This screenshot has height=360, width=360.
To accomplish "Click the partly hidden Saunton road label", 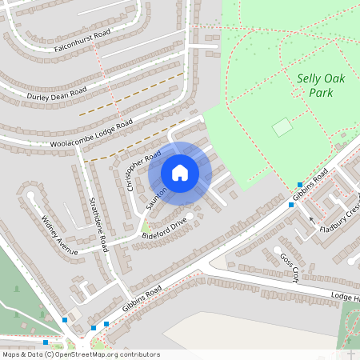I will click(x=157, y=197).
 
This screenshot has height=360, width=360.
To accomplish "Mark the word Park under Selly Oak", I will click(x=320, y=92).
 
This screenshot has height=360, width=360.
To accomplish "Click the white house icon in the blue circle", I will click(x=180, y=172).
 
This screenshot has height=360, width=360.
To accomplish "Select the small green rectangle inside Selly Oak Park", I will click(x=282, y=126).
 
